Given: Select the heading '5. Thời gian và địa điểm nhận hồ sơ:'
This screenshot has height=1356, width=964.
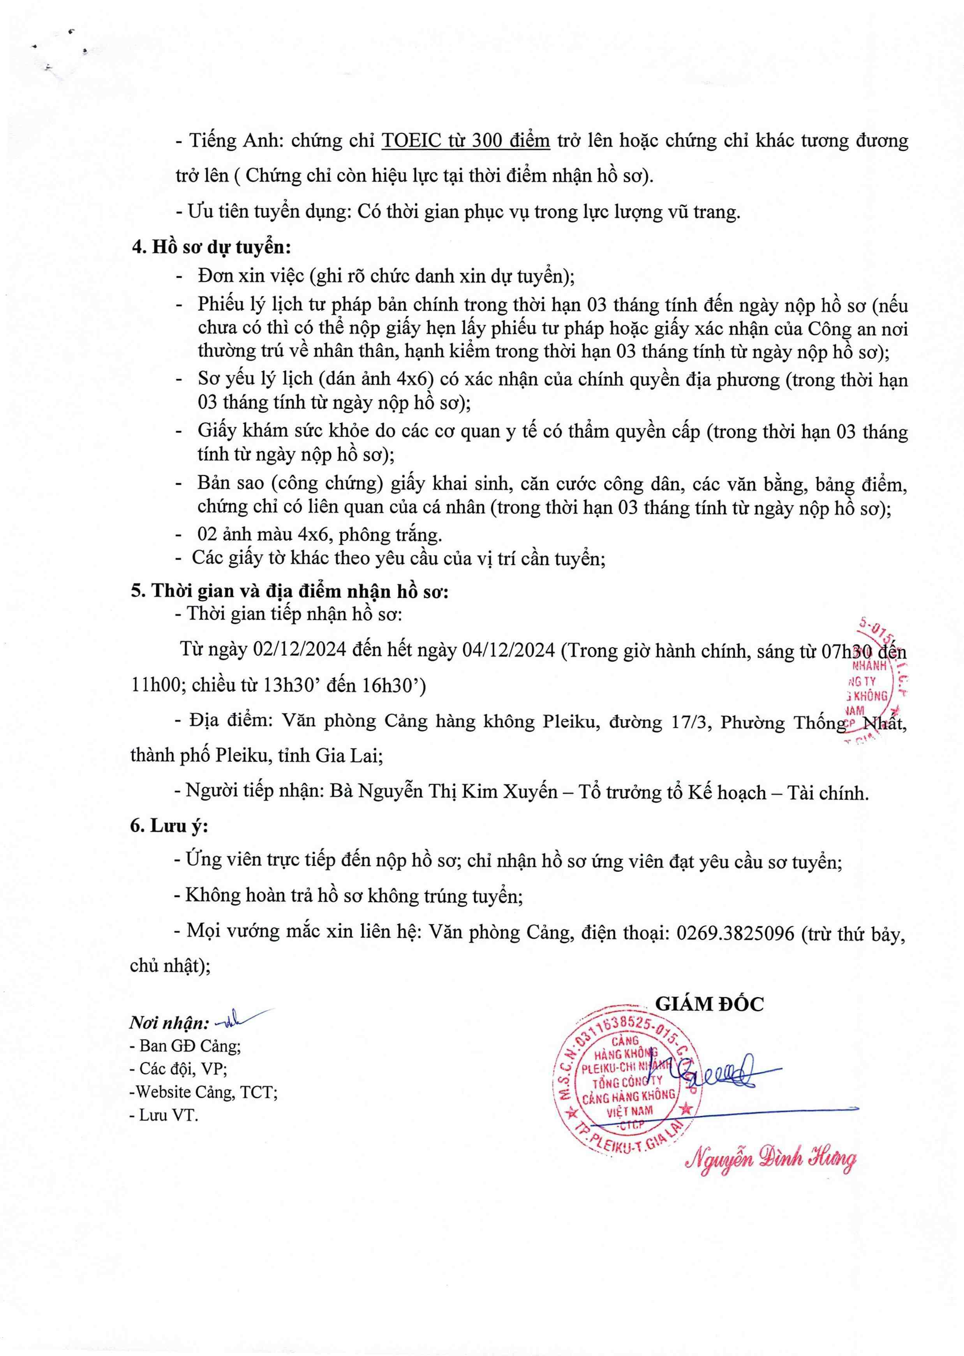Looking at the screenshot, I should [x=290, y=591].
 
